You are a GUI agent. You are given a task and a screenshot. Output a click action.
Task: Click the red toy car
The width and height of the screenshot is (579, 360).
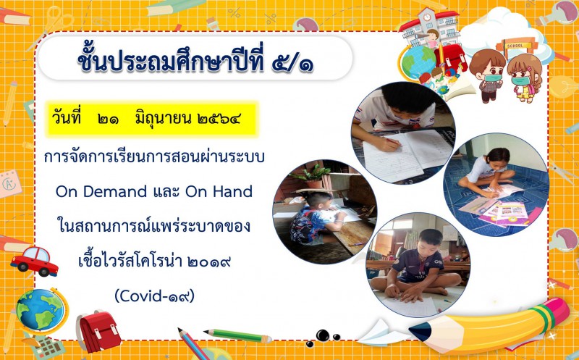(x=34, y=261)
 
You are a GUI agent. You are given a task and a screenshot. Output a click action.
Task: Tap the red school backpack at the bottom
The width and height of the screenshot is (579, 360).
(x=98, y=331)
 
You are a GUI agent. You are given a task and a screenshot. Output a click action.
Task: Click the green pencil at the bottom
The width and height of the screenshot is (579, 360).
(x=237, y=335)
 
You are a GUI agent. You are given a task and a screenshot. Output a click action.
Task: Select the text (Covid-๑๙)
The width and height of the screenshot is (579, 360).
(x=154, y=296)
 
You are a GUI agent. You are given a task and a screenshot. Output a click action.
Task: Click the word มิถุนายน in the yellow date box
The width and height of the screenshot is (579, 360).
(x=163, y=119)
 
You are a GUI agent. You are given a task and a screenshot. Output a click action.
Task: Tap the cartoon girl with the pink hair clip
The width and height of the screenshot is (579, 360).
(x=524, y=78)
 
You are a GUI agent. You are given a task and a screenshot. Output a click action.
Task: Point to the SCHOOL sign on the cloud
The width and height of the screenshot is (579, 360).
(x=515, y=46)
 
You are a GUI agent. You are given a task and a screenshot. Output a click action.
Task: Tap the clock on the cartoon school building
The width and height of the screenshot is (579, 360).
(x=427, y=17)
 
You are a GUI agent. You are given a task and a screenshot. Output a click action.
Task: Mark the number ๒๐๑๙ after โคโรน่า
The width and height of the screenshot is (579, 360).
(x=209, y=261)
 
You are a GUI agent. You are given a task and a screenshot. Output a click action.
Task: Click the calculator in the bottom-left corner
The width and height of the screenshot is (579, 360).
(x=48, y=347)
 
